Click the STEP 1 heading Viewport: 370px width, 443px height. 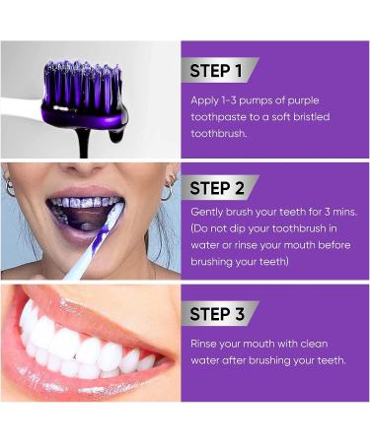click(x=216, y=71)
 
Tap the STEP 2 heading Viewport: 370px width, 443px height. click(x=217, y=188)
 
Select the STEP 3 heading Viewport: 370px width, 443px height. click(x=217, y=314)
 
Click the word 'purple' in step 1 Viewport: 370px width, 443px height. click(x=303, y=101)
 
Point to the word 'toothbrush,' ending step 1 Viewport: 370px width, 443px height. click(x=219, y=133)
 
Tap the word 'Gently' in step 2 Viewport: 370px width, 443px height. click(x=207, y=213)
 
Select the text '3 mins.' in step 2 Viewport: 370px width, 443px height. click(x=340, y=212)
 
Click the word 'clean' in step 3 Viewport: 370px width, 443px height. click(x=314, y=344)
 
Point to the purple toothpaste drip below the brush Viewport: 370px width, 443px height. click(x=84, y=142)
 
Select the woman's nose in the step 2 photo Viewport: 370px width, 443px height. click(x=84, y=169)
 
